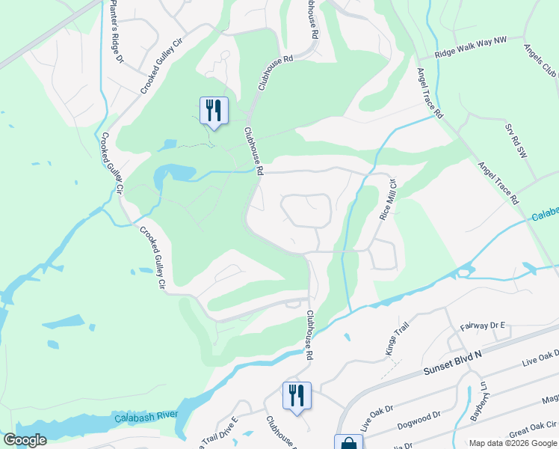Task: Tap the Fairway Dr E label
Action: click(482, 326)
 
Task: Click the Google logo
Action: click(25, 440)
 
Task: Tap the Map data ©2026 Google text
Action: click(513, 443)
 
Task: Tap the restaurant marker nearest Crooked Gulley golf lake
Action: click(214, 110)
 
